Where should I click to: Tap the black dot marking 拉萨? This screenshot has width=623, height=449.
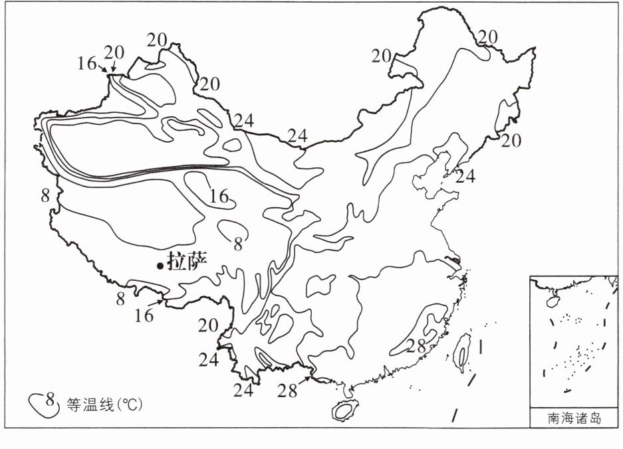[160, 266]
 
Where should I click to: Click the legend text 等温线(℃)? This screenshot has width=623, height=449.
[104, 404]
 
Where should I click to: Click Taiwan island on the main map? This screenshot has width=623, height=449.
[461, 353]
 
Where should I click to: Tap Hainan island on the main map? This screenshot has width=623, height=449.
[345, 409]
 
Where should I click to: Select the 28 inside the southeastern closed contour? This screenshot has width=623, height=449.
[416, 345]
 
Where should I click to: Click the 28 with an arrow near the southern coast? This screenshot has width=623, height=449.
[287, 390]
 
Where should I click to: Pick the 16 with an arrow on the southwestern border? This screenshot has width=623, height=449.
[144, 315]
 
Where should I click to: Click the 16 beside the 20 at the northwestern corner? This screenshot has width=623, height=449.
[87, 64]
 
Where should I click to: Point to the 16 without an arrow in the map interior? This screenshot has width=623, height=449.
[219, 197]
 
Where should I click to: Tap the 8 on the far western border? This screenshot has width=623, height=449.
[45, 195]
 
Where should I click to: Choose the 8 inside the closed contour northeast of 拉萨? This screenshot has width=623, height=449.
[237, 244]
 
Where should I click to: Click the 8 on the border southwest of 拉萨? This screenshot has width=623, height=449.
[120, 298]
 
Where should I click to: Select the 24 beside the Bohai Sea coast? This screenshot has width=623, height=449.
[465, 177]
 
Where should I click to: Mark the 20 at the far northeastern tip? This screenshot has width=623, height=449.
[488, 37]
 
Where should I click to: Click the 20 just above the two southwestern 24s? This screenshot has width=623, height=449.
[208, 325]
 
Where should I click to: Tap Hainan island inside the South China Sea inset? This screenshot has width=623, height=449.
[551, 301]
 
